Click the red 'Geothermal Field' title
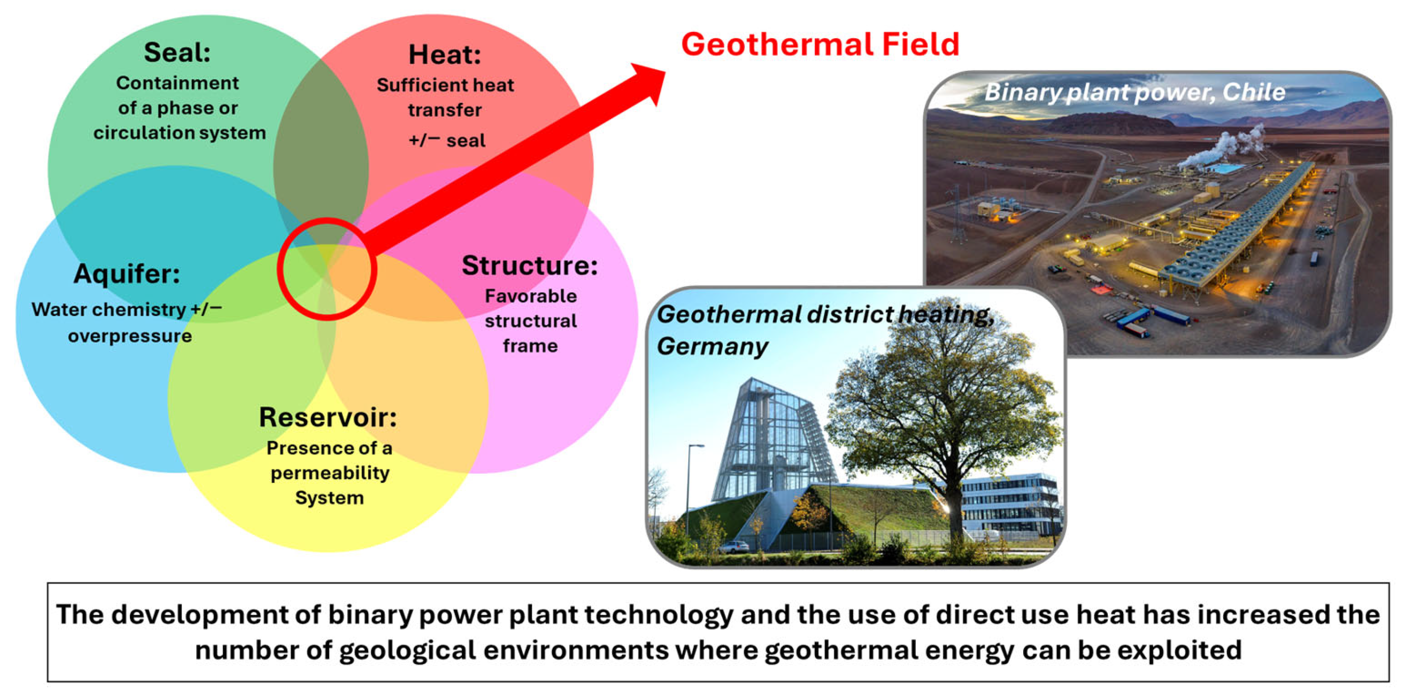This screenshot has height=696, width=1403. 820,44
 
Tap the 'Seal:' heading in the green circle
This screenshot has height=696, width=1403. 177,52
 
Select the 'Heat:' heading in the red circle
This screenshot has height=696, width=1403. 445,55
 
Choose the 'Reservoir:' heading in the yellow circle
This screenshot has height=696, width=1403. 328,417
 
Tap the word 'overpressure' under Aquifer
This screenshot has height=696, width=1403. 130,336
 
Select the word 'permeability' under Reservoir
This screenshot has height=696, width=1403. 330,473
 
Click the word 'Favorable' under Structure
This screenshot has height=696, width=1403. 531,296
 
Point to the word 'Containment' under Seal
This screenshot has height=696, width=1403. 177,83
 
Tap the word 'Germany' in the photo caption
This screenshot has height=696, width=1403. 712,347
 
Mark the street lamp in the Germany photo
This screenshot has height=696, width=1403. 690,490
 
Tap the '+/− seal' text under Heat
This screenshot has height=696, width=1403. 447,141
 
